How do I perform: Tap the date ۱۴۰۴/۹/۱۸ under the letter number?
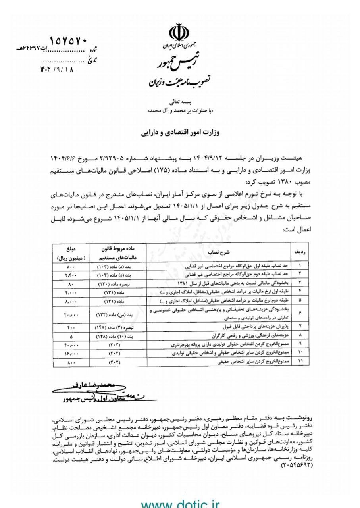57,69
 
